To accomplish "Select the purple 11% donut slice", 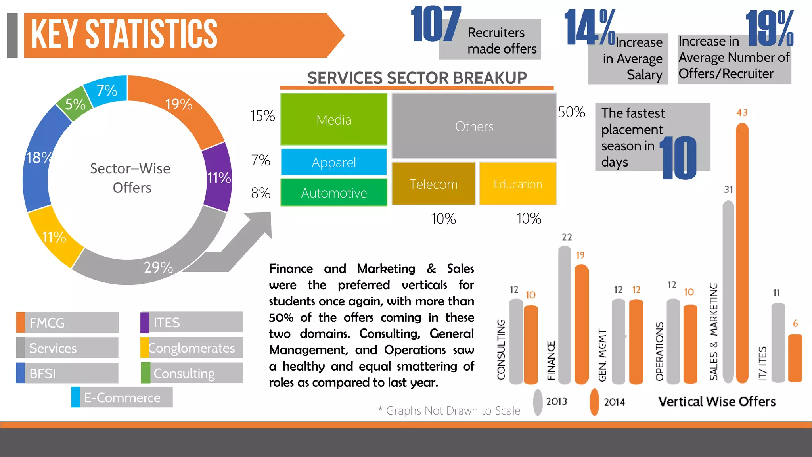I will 218,177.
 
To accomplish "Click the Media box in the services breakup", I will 334,119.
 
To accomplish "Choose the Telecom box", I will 433,184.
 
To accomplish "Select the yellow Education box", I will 517,184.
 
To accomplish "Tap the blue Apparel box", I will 334,162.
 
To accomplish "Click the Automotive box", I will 334,192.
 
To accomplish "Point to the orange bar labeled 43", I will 742,254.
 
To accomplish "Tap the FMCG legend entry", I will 67,323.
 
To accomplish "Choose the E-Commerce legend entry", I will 122,397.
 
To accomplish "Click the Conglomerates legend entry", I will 192,348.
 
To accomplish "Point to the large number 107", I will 435,25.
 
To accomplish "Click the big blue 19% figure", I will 770,29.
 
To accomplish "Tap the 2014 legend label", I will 614,402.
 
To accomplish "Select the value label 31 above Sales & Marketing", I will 728,190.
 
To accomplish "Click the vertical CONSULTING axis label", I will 501,349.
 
